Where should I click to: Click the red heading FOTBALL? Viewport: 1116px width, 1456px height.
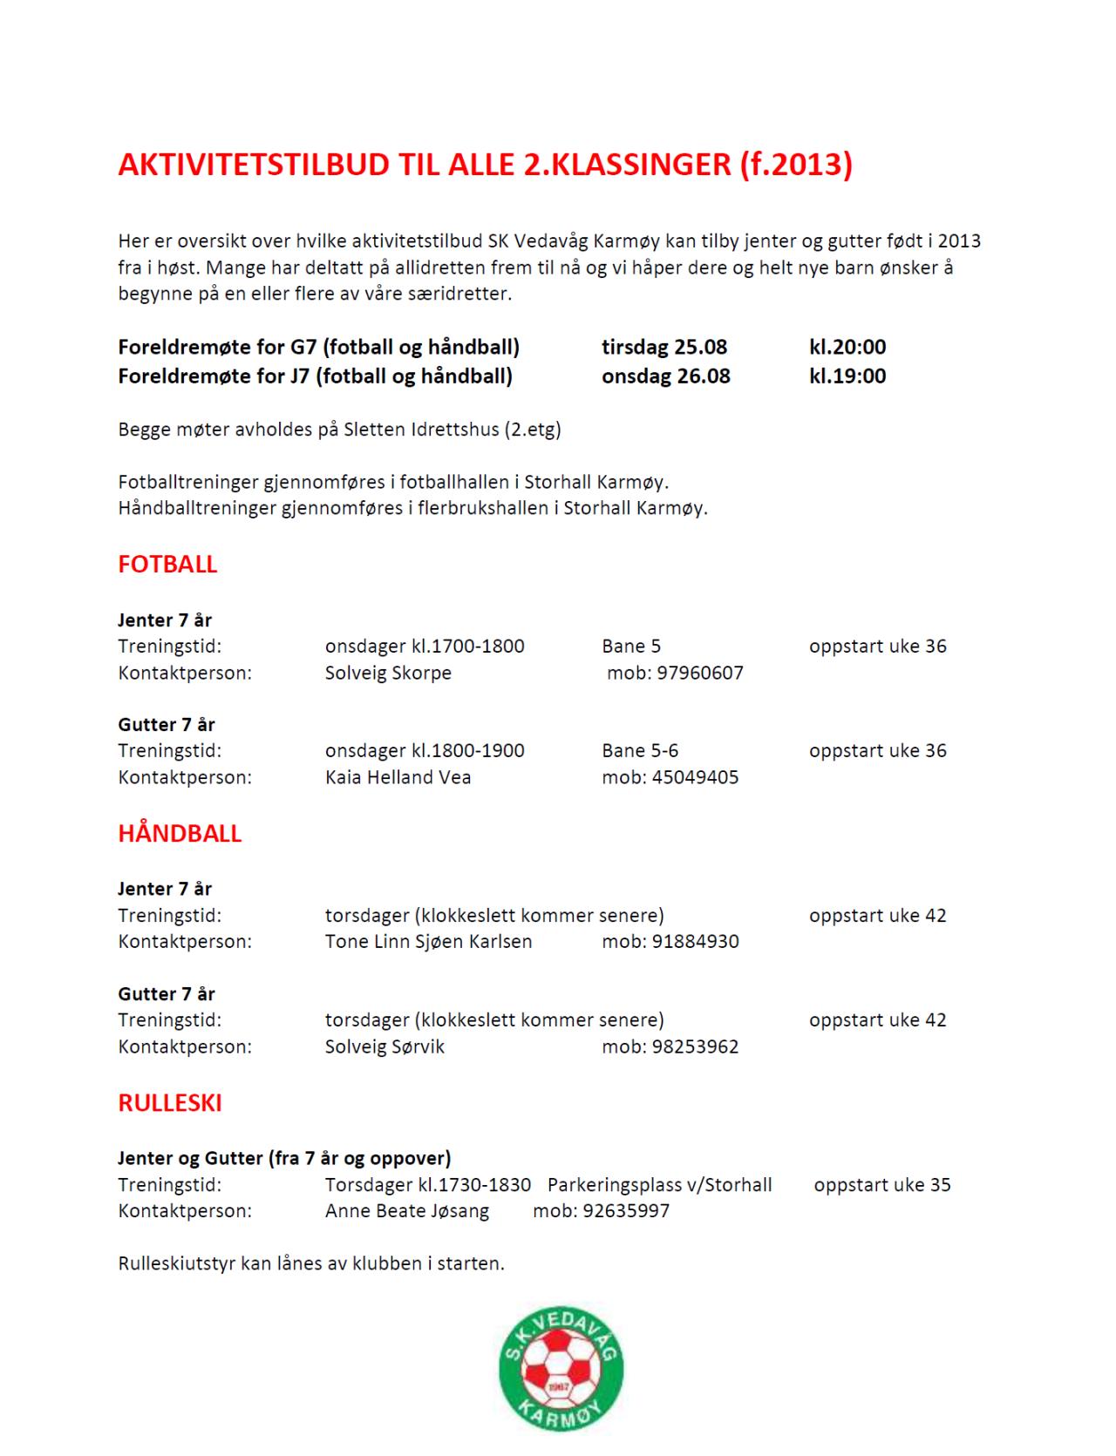coord(167,565)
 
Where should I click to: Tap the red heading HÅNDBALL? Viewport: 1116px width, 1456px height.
coord(180,834)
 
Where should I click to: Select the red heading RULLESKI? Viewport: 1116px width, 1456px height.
coord(170,1103)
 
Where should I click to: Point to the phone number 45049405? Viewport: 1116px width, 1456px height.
coord(695,777)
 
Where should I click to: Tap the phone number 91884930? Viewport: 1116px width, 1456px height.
coord(695,942)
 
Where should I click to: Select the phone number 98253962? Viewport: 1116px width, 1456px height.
coord(695,1046)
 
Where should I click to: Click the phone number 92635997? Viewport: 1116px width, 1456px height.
coord(626,1211)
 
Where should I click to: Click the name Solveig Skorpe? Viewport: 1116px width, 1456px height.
coord(388,673)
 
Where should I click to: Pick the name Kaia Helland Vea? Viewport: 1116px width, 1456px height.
coord(398,777)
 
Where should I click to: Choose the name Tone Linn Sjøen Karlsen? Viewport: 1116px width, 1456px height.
coord(428,942)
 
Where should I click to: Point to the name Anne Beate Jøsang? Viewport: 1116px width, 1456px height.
coord(407,1211)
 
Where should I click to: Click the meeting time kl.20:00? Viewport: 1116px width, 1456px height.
coord(847,347)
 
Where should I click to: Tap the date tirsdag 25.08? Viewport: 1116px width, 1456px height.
coord(664,347)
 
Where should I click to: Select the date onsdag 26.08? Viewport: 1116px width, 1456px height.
coord(666,376)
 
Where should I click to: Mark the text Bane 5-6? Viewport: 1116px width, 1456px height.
coord(640,751)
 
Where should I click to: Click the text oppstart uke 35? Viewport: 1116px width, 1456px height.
coord(882,1185)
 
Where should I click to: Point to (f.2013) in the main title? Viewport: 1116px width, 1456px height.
coord(795,165)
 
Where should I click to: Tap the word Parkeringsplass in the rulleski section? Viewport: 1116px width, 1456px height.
coord(611,1185)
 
